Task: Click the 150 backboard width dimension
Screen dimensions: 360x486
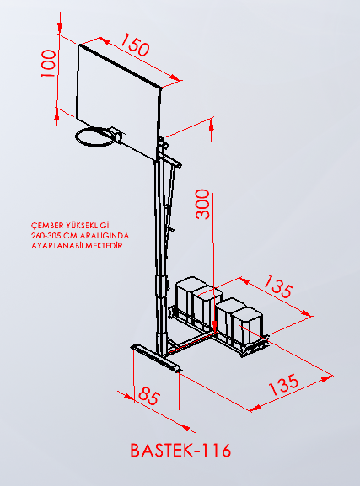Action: tap(135, 45)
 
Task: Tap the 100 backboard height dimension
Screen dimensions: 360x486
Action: tap(49, 63)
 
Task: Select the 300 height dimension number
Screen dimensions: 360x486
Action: tap(202, 205)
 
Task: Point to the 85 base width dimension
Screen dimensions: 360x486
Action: tap(149, 396)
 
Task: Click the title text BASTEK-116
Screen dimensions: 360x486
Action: tap(180, 450)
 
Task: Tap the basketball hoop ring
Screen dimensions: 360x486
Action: tap(94, 137)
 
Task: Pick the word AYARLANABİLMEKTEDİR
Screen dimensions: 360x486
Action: tap(77, 246)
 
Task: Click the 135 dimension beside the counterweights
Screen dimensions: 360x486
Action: tap(278, 286)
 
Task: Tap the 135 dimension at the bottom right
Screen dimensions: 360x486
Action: tap(283, 385)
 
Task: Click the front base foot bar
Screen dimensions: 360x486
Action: tap(157, 357)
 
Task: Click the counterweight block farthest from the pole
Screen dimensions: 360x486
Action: tap(248, 325)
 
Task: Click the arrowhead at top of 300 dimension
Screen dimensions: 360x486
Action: tap(212, 125)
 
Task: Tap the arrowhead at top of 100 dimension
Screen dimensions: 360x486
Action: tap(60, 28)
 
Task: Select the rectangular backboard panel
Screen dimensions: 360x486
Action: tap(119, 102)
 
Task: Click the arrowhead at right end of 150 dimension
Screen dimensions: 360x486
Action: tap(175, 77)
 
